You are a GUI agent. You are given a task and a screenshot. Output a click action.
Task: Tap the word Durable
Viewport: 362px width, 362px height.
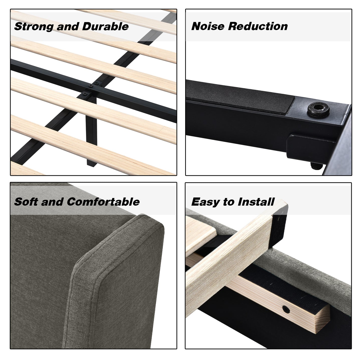[x=105, y=26]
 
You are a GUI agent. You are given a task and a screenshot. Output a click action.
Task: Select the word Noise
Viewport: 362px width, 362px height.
[x=208, y=26]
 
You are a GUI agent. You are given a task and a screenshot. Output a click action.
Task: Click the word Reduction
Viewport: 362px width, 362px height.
[x=258, y=26]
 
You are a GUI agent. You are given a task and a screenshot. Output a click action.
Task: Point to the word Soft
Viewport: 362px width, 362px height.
[x=26, y=202]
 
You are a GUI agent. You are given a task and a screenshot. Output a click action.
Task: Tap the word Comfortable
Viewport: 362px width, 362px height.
[x=103, y=202]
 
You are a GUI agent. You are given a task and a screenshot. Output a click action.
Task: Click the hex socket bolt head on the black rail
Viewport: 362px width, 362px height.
[x=318, y=109]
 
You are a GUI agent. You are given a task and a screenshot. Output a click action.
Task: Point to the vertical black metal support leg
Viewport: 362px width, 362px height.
[x=91, y=132]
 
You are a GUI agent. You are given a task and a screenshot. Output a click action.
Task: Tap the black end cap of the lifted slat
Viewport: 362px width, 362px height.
[x=279, y=225]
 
